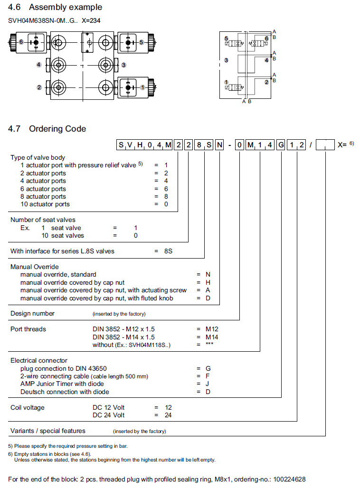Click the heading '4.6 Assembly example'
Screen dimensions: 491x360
pos(55,7)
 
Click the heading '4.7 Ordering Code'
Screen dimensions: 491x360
pos(47,129)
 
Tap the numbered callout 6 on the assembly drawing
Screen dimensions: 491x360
pos(21,42)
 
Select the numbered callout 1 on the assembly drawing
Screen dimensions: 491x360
pos(142,87)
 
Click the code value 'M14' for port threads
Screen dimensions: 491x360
pos(205,337)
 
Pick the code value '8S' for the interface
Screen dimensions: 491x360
pos(168,250)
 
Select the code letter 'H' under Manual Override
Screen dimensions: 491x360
pos(208,282)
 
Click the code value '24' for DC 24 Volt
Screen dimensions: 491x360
pos(168,415)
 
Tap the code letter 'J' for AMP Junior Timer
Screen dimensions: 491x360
pos(208,384)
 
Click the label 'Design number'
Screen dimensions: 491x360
pos(32,313)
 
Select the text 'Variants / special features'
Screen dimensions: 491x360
pos(48,431)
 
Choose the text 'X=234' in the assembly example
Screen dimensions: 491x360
pos(91,20)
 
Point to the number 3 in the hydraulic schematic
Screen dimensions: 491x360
pos(227,60)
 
